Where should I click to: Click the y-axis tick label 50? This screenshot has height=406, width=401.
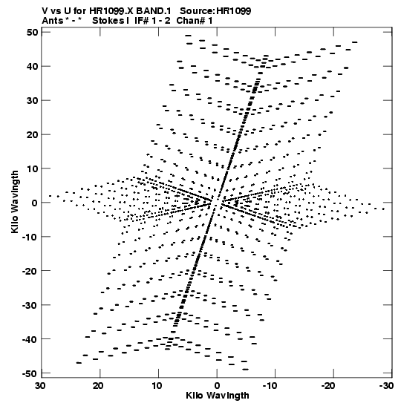[33, 33]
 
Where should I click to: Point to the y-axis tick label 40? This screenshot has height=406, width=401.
[33, 67]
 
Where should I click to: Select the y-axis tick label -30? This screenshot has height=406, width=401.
[30, 305]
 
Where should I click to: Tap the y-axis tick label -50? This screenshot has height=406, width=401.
[30, 373]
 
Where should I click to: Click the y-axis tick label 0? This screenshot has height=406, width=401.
[35, 203]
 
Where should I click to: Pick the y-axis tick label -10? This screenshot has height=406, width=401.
[30, 237]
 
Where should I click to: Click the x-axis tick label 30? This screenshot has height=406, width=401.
[40, 386]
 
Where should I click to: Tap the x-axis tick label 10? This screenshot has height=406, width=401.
[157, 386]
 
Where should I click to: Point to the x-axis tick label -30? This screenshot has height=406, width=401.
[386, 386]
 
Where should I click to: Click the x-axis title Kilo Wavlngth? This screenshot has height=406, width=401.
[218, 396]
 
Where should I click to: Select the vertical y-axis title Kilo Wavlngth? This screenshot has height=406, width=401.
[15, 202]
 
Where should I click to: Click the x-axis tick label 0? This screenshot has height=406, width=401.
[217, 386]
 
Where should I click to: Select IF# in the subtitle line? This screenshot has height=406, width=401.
[141, 21]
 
